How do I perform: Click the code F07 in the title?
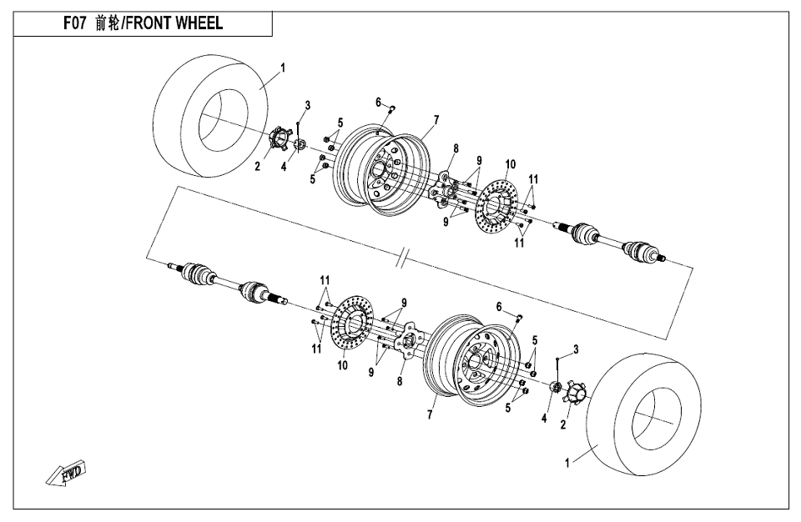tap(74, 23)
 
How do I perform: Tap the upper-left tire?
tap(210, 117)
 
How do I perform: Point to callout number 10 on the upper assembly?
tap(511, 164)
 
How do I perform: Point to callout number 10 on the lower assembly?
tap(342, 365)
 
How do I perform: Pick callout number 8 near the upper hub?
tap(456, 148)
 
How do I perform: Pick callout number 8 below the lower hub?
tap(400, 381)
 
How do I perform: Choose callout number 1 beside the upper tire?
tap(283, 68)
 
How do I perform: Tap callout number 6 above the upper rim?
tap(378, 103)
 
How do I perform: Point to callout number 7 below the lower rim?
tap(430, 414)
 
